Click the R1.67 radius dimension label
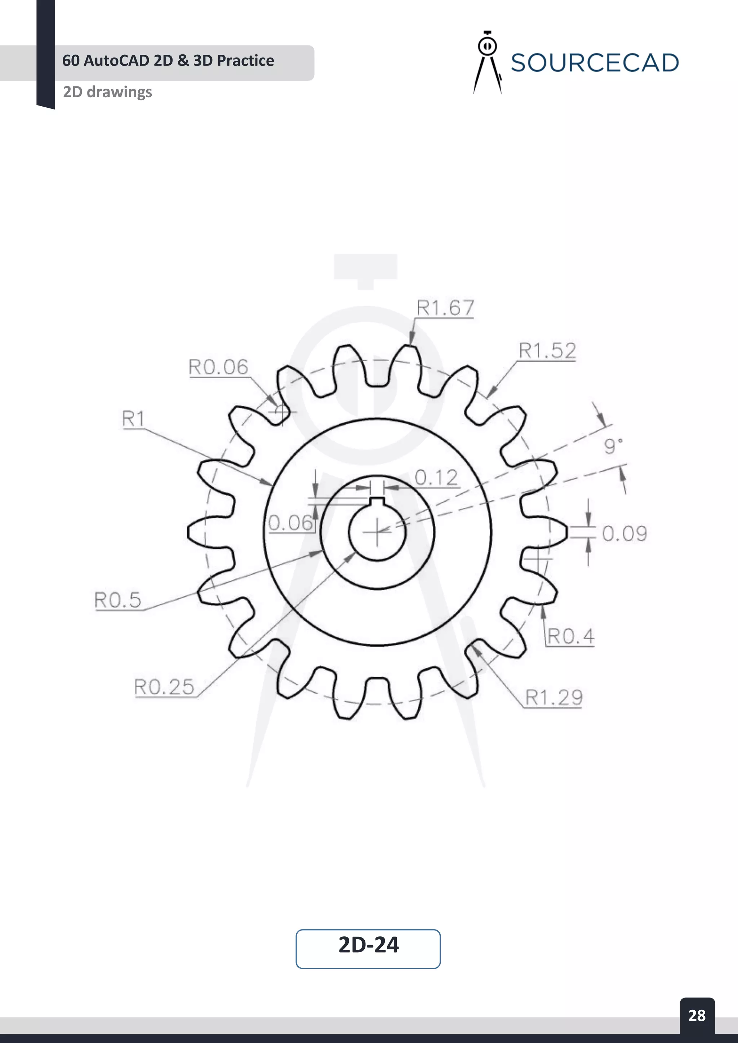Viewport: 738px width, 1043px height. pos(445,308)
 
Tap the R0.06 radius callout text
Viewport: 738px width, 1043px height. pos(218,367)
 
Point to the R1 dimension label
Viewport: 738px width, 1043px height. pos(133,418)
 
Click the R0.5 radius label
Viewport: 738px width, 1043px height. pos(118,600)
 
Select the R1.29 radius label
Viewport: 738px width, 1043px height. pos(553,697)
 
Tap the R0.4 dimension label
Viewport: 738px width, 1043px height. pos(570,636)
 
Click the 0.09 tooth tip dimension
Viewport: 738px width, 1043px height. pos(624,534)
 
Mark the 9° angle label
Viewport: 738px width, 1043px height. pos(612,446)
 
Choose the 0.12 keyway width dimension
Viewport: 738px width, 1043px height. pos(436,478)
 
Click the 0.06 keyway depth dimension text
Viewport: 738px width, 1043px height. pos(290,523)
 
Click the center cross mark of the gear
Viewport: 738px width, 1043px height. pos(377,532)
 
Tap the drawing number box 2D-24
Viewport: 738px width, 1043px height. pos(368,945)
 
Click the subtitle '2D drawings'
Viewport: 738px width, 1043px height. pos(107,92)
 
